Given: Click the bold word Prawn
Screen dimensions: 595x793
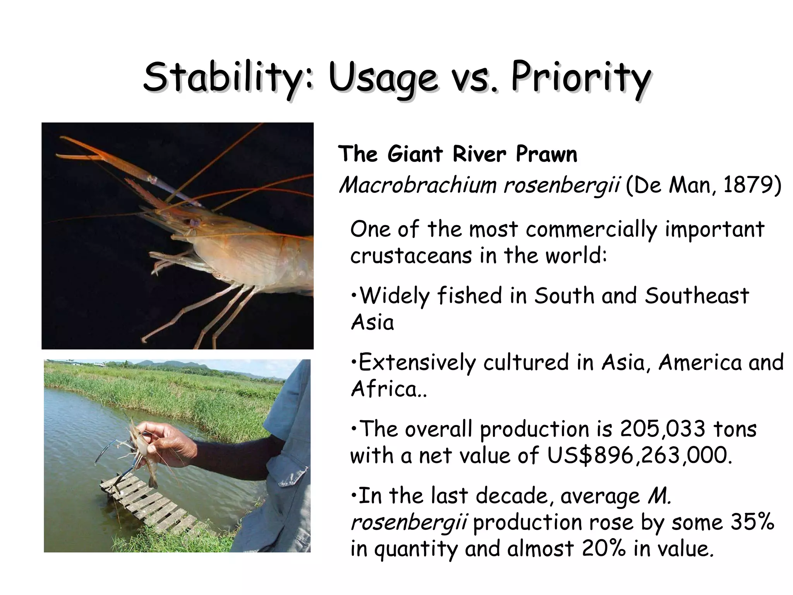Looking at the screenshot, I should click(x=546, y=154).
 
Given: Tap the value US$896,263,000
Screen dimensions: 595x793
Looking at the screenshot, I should click(x=639, y=456).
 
